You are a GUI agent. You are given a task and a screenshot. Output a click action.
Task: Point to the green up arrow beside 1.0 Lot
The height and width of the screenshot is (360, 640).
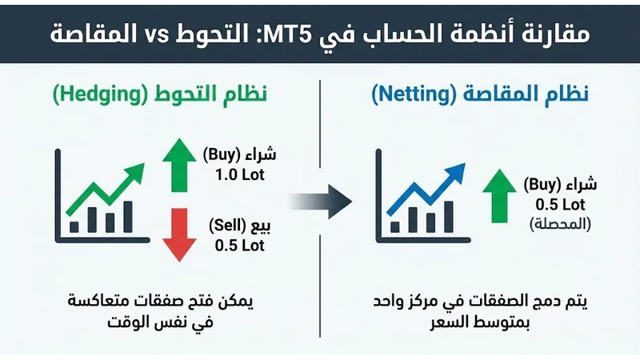tap(175, 165)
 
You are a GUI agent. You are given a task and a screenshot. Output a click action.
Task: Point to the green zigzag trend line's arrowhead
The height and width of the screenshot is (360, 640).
tap(138, 168)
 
